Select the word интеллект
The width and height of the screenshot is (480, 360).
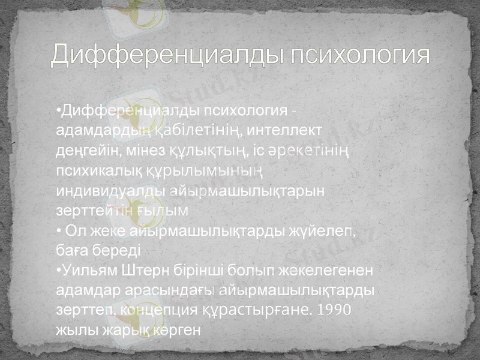pyautogui.click(x=281, y=129)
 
